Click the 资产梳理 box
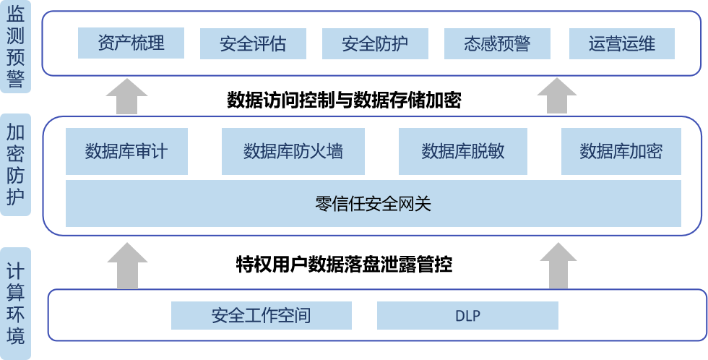131,43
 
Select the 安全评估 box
253,44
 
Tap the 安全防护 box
375,44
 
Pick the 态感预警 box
497,44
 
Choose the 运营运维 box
622,44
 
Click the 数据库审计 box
126,151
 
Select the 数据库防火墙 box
293,151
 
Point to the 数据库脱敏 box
462,151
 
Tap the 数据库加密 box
621,151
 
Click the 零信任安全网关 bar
374,204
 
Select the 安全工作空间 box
261,316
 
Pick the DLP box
467,316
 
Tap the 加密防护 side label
15,164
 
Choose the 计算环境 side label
15,304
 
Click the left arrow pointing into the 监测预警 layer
126,96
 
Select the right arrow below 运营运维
556,96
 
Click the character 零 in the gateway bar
323,204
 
